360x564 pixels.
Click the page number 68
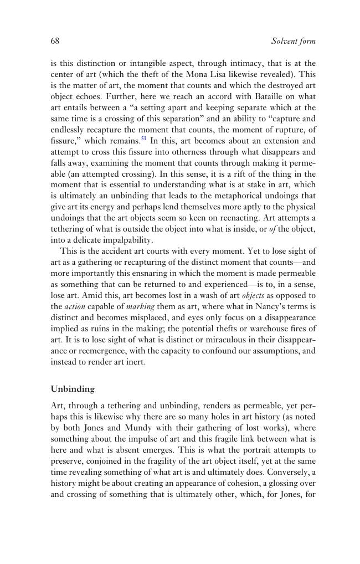pos(55,41)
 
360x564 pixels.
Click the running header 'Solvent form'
pos(293,42)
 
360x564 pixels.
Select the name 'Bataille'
pos(261,96)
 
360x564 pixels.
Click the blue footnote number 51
pos(144,139)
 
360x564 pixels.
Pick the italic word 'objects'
pos(253,295)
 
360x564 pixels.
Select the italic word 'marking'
pos(140,306)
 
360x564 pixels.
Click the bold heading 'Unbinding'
pos(73,389)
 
